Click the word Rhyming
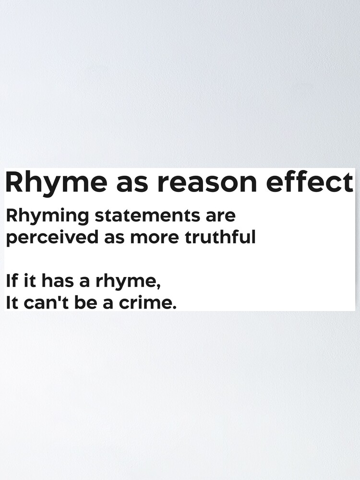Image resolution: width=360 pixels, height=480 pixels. coord(47,216)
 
